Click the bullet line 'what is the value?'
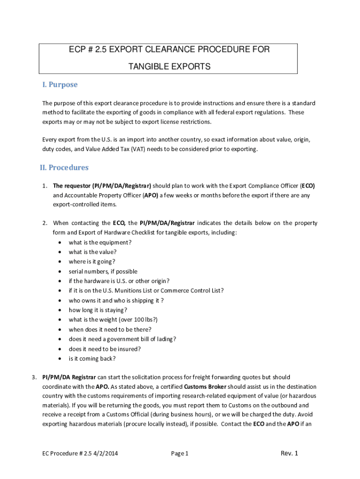(x=93, y=252)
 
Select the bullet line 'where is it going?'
(x=92, y=261)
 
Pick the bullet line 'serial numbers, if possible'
(x=103, y=271)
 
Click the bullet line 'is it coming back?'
(x=92, y=359)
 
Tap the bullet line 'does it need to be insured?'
(x=105, y=349)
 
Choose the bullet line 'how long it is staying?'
(x=98, y=310)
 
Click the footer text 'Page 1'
(x=180, y=453)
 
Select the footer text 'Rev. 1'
(x=289, y=453)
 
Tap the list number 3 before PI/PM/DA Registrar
(x=34, y=377)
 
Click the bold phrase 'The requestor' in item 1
(x=72, y=185)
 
